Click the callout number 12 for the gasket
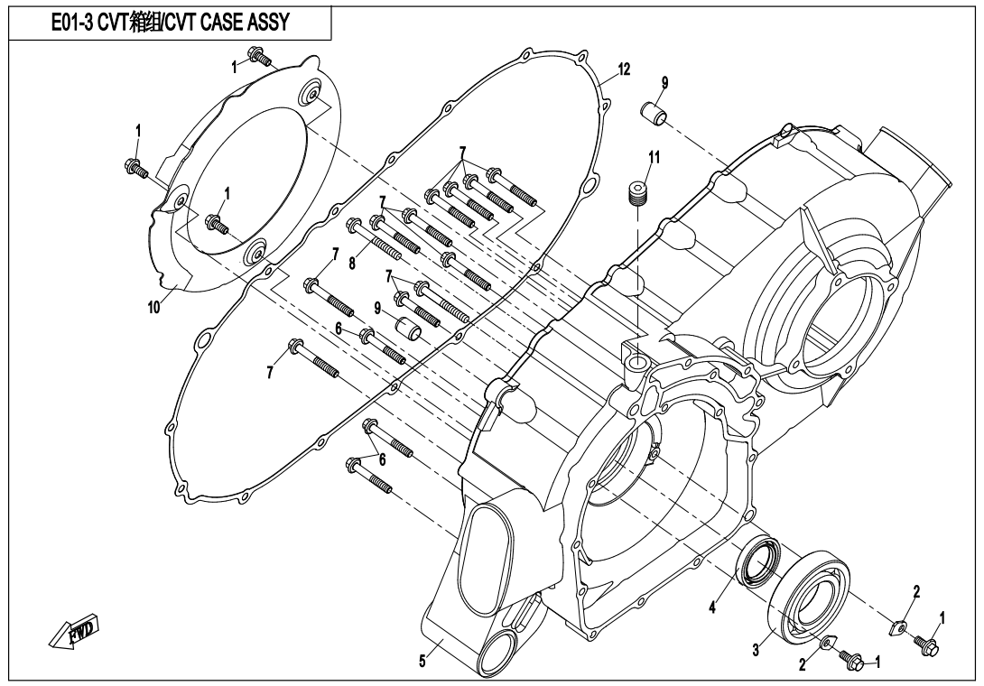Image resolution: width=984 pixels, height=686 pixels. (x=624, y=70)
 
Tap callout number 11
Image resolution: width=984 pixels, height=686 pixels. (x=654, y=156)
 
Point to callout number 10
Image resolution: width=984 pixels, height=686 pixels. (x=153, y=307)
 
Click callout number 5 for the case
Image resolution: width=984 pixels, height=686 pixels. (x=422, y=661)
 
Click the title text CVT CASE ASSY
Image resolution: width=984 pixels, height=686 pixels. (x=224, y=23)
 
